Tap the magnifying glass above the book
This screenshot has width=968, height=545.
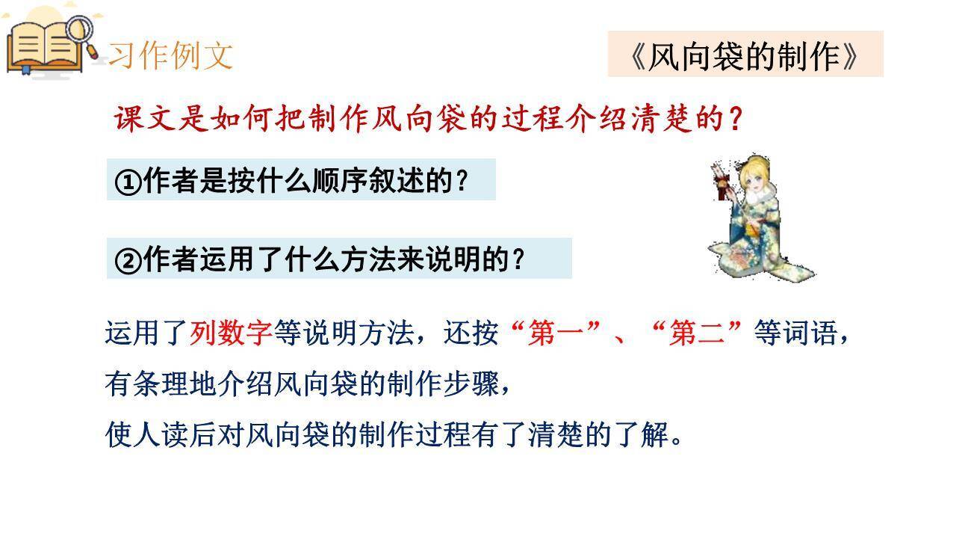point(80,31)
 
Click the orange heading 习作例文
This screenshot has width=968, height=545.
point(171,55)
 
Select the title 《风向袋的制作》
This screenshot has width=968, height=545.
point(745,55)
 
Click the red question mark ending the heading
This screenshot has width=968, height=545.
point(735,119)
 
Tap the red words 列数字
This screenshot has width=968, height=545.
point(231,333)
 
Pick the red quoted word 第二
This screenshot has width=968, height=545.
point(697,333)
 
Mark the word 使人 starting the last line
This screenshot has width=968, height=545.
point(133,434)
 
